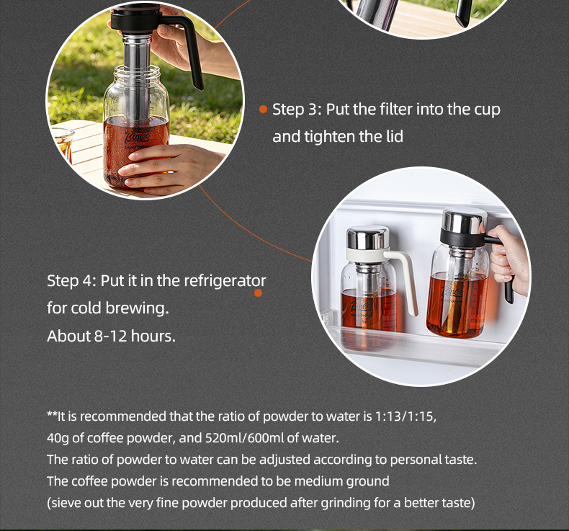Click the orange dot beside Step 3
click(263, 109)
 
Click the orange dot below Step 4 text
click(258, 293)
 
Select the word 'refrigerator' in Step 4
click(225, 280)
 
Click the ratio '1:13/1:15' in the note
click(405, 416)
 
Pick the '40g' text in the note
click(58, 438)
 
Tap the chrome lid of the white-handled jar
click(367, 238)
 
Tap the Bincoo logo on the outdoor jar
click(137, 137)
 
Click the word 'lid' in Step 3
click(394, 137)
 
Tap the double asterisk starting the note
click(52, 414)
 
